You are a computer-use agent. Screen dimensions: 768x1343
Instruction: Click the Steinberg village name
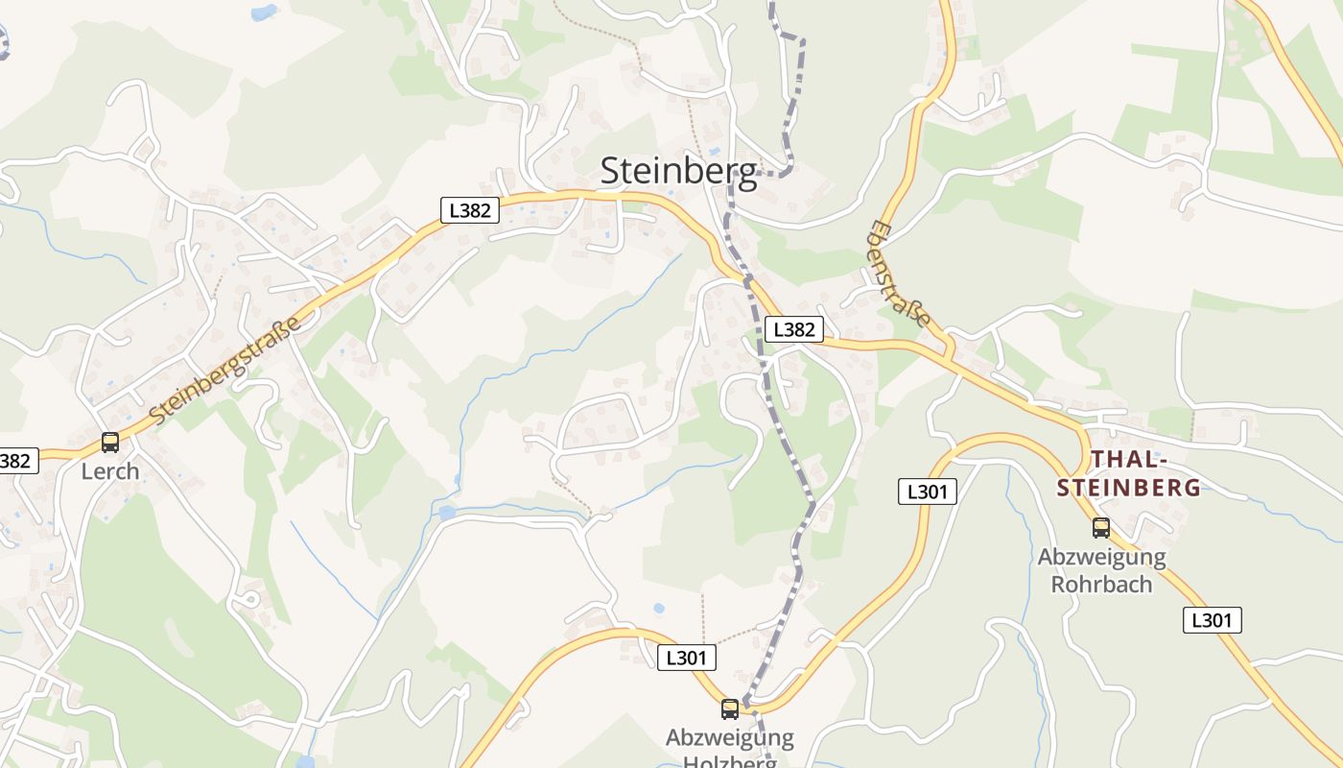pyautogui.click(x=678, y=171)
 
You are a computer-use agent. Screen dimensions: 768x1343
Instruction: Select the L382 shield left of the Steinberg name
pyautogui.click(x=470, y=210)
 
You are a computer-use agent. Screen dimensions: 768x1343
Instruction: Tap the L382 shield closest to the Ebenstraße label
pyautogui.click(x=795, y=329)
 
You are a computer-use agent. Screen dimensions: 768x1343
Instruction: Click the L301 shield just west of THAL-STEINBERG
pyautogui.click(x=928, y=492)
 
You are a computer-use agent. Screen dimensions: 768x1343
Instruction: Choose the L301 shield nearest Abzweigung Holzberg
pyautogui.click(x=687, y=658)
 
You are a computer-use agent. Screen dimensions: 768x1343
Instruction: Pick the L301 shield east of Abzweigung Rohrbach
pyautogui.click(x=1212, y=620)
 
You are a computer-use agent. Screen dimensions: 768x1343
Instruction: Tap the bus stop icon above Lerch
pyautogui.click(x=110, y=443)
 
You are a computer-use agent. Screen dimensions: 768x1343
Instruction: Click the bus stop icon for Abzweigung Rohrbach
pyautogui.click(x=1100, y=527)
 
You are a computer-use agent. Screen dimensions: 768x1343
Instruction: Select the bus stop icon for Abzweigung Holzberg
pyautogui.click(x=730, y=709)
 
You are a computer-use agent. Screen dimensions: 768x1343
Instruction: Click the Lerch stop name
pyautogui.click(x=110, y=471)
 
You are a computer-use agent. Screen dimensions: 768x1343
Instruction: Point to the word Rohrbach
pyautogui.click(x=1101, y=584)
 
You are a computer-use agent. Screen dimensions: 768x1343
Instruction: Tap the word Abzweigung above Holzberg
pyautogui.click(x=730, y=738)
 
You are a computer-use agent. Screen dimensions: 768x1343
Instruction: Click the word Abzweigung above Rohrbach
pyautogui.click(x=1101, y=557)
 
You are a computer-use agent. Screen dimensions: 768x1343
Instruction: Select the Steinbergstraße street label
pyautogui.click(x=226, y=368)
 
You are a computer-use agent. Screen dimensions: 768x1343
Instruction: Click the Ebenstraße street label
pyautogui.click(x=900, y=274)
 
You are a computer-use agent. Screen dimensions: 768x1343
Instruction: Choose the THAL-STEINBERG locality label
pyautogui.click(x=1129, y=473)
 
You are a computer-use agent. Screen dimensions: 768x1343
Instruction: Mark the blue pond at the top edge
pyautogui.click(x=263, y=12)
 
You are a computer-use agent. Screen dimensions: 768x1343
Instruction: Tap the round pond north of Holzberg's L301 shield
pyautogui.click(x=658, y=609)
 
